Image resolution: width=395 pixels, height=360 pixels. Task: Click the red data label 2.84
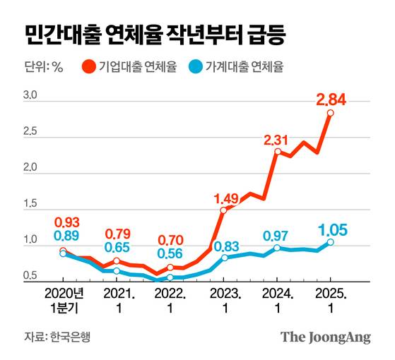click(x=331, y=101)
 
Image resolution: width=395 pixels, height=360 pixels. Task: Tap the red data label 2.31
click(x=278, y=140)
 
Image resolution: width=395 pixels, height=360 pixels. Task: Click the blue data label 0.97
click(x=278, y=235)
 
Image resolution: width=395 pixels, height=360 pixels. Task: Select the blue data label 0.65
click(x=119, y=247)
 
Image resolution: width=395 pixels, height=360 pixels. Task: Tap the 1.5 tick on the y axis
click(x=30, y=204)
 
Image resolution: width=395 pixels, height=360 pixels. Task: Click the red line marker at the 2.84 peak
click(x=331, y=113)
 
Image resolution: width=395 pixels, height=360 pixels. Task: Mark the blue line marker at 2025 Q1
click(x=331, y=242)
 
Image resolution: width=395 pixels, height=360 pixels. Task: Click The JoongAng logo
click(x=326, y=337)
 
